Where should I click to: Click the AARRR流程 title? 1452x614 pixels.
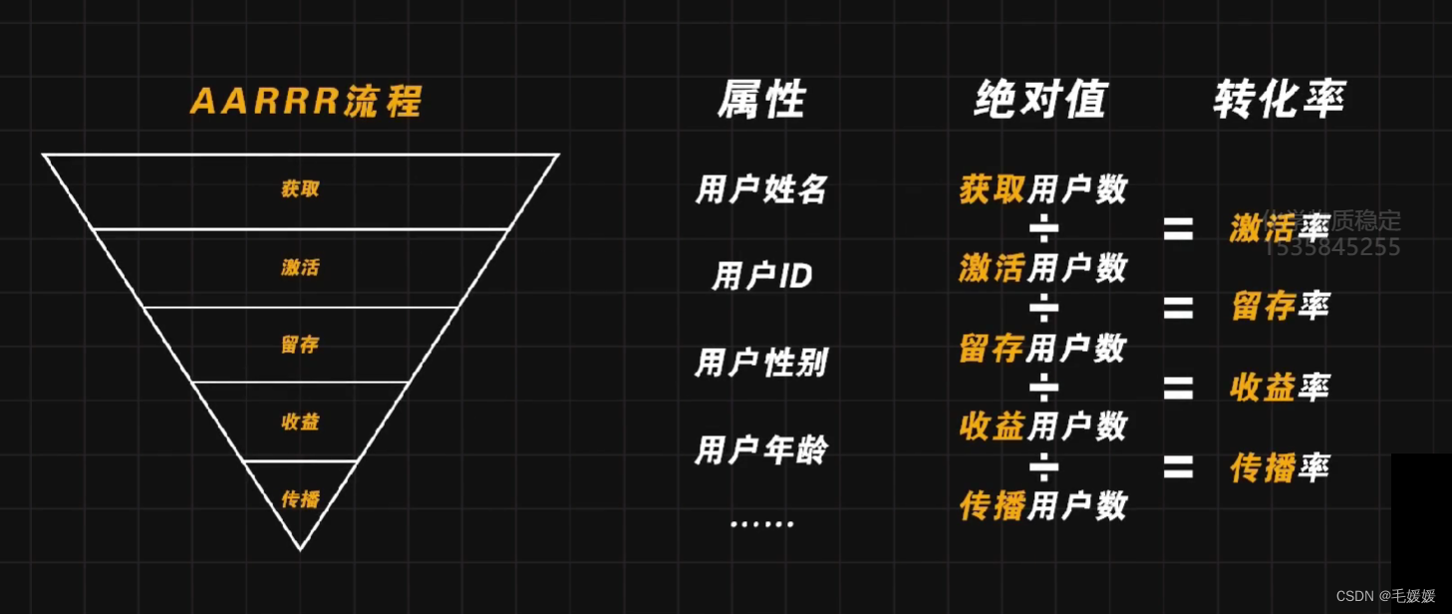[306, 102]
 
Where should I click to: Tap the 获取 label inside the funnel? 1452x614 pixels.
[300, 188]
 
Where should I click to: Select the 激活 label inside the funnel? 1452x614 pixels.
[300, 267]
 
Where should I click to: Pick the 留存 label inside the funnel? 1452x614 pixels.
[300, 345]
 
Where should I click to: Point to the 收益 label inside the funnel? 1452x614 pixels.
[300, 422]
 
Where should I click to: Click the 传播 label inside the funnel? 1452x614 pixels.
[300, 498]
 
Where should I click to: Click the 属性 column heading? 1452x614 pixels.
[761, 100]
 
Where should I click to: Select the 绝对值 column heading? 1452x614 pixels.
[1040, 100]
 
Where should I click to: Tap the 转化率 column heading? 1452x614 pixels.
[1280, 100]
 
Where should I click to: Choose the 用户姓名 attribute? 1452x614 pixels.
[761, 188]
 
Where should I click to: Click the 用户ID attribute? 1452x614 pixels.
[761, 276]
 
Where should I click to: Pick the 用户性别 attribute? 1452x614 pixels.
[761, 363]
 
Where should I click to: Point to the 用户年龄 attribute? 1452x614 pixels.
[761, 451]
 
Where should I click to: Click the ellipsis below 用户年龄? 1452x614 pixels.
[761, 523]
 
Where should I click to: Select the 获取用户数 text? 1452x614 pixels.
[1042, 188]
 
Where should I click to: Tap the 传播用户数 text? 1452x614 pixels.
[1042, 505]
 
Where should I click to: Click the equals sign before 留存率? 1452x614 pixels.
[1178, 308]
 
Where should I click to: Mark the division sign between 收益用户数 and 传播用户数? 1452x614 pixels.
[1043, 465]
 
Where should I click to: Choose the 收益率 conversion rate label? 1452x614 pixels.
[1280, 388]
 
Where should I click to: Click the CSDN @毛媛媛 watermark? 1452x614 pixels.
[1385, 596]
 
